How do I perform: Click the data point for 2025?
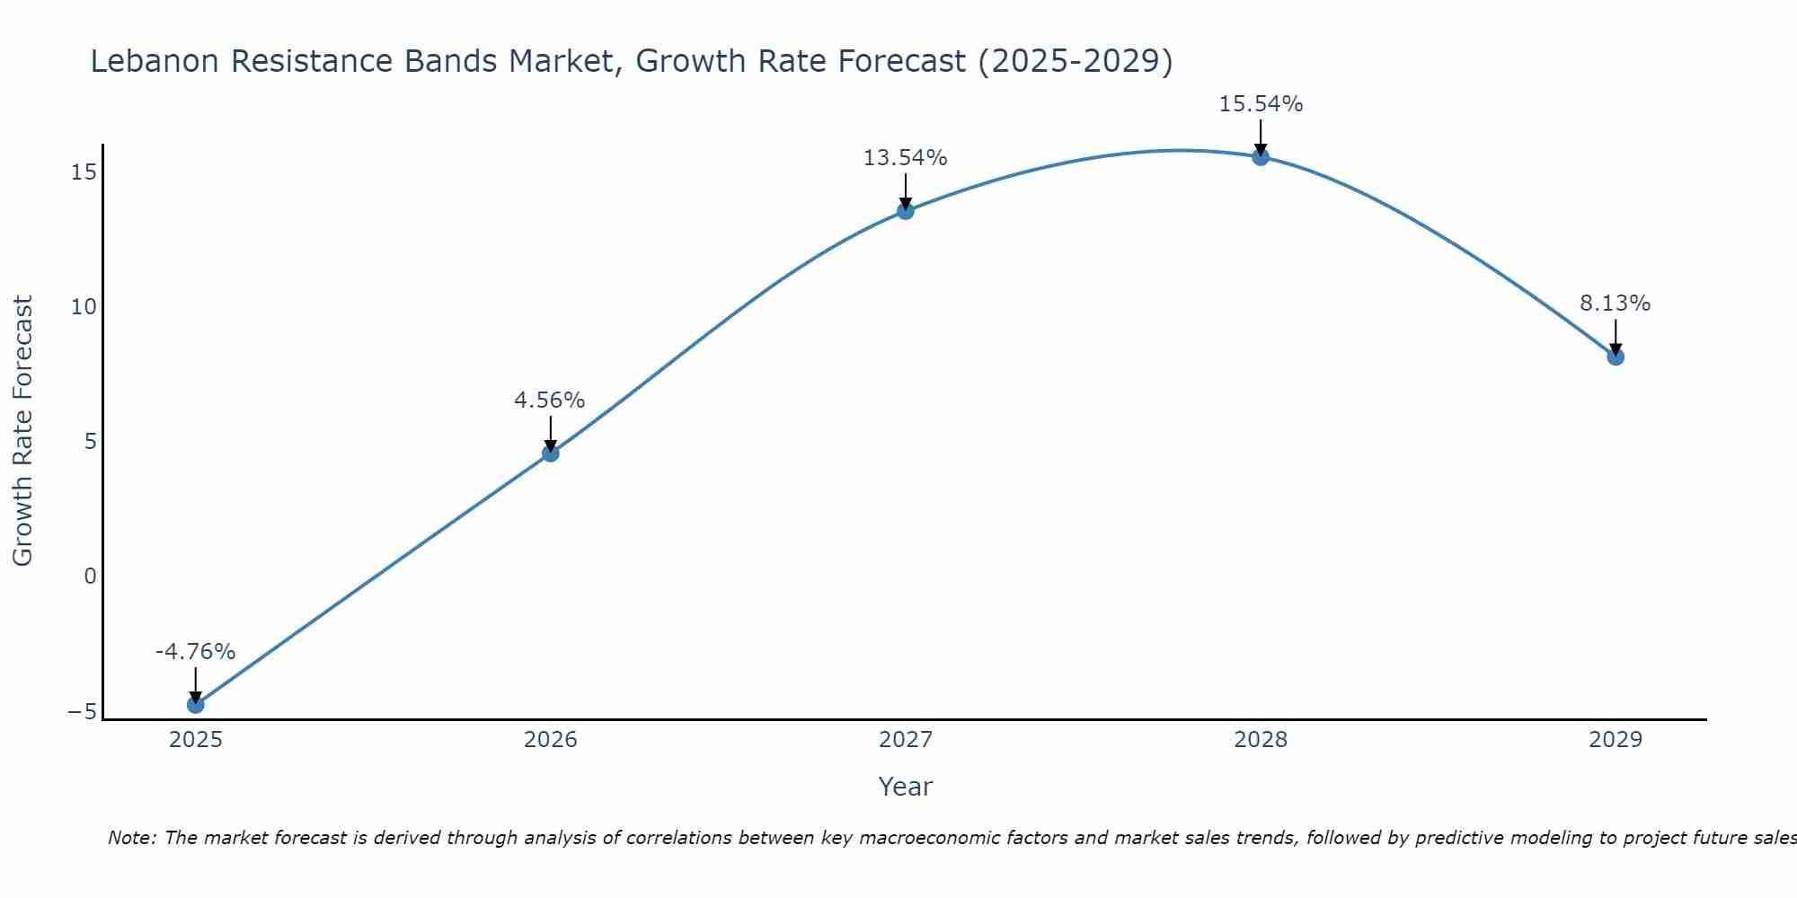coord(195,705)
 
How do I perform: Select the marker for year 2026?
coord(551,453)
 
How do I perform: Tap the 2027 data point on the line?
coord(906,211)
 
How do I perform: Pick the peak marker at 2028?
coord(1261,157)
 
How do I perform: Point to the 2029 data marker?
coord(1616,357)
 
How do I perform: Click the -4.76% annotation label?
coord(195,652)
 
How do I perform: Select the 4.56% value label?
coord(549,401)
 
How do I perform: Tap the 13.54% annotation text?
coord(905,158)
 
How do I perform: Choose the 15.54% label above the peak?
coord(1261,104)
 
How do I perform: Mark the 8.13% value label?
coord(1615,304)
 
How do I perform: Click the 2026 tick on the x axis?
coord(551,740)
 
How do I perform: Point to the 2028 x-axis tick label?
coord(1261,740)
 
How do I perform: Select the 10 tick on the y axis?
coord(84,307)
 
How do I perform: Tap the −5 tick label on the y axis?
coord(82,712)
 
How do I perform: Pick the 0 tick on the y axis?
coord(90,577)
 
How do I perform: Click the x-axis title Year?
coord(905,787)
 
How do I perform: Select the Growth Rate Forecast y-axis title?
coord(22,431)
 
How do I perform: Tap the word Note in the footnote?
coord(131,838)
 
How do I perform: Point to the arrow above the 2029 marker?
coord(1616,338)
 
